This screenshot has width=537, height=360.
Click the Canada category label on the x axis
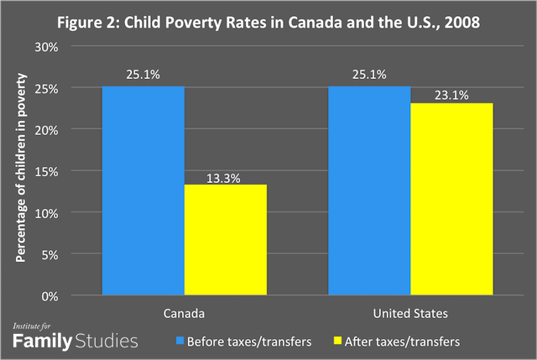click(x=185, y=313)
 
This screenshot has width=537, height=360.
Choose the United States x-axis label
click(x=411, y=313)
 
